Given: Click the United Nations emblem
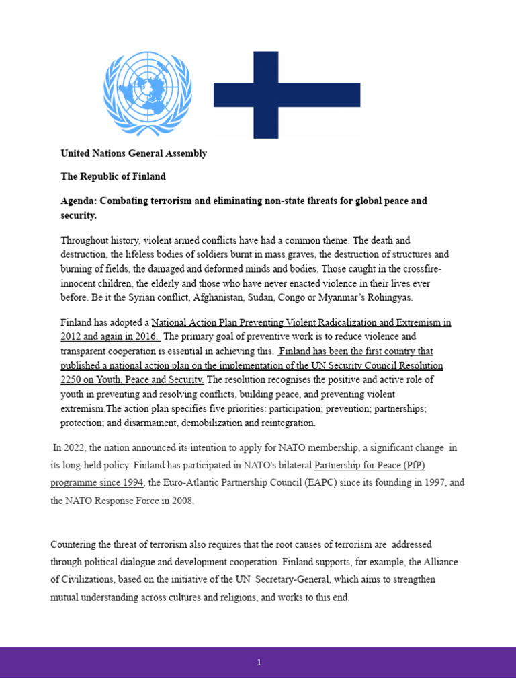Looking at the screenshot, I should [147, 94].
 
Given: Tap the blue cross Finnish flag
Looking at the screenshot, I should [287, 95].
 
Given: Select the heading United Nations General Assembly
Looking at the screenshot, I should [134, 153].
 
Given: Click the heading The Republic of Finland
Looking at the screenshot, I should [113, 176].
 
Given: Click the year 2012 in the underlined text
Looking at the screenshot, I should [71, 336].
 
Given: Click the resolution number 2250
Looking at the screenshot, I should [71, 380].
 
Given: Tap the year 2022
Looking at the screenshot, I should [75, 448].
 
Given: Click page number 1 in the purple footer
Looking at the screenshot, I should [259, 663].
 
